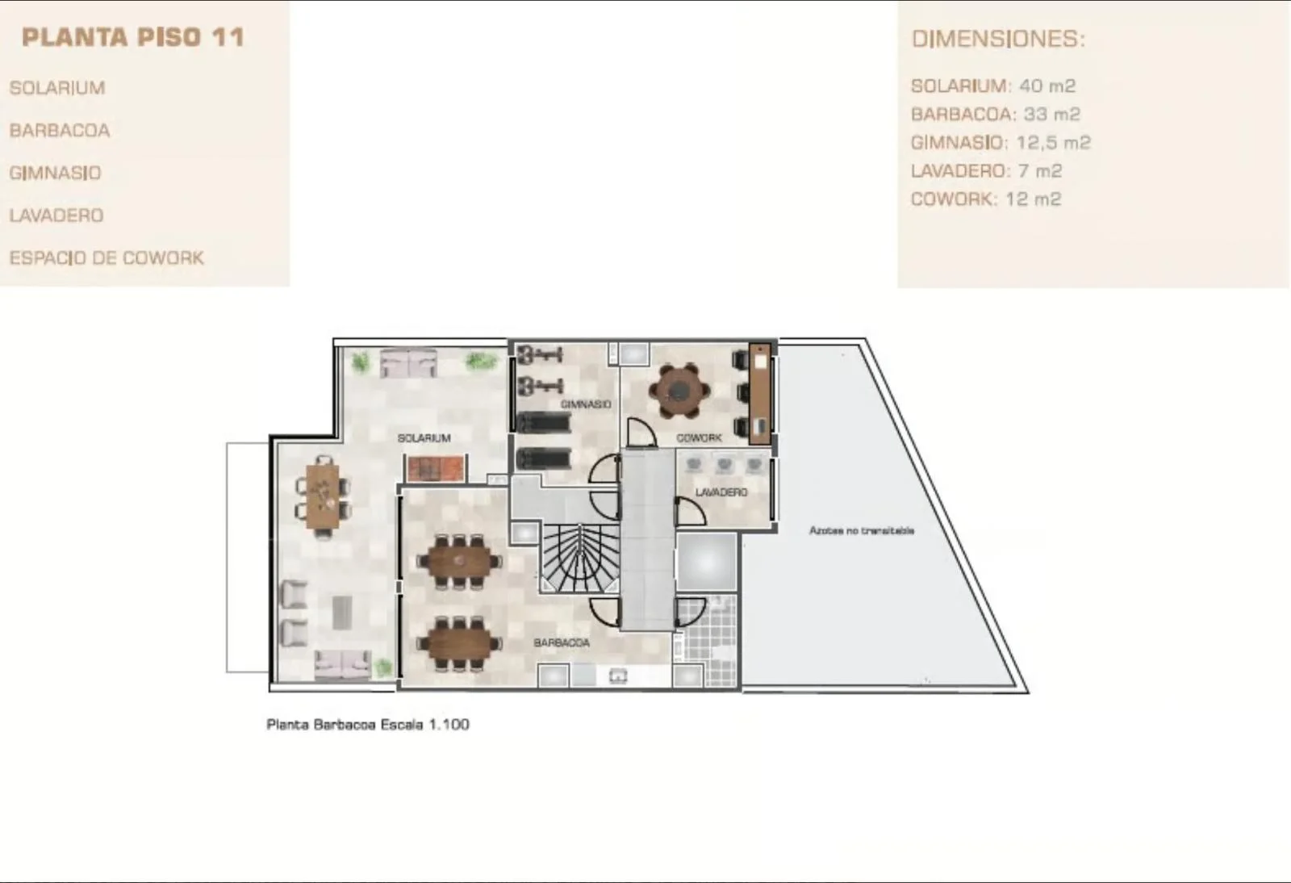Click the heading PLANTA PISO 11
[x=133, y=37]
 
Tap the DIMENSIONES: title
[x=998, y=40]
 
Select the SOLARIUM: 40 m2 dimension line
[x=993, y=86]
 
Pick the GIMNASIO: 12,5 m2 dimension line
[x=1001, y=142]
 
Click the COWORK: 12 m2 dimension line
[x=985, y=199]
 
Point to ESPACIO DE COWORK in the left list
[x=107, y=257]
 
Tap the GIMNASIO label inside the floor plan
[x=586, y=404]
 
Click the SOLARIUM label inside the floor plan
[x=424, y=438]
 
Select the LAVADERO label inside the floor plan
[x=721, y=492]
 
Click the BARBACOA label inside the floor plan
[x=562, y=642]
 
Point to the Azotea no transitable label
[x=862, y=530]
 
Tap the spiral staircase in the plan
[x=579, y=559]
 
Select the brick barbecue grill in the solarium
[x=437, y=468]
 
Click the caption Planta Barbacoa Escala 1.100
[x=368, y=725]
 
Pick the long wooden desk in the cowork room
[x=759, y=394]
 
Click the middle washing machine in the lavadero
[x=724, y=465]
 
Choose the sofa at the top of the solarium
[x=408, y=363]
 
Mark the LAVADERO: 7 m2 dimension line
[x=986, y=170]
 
